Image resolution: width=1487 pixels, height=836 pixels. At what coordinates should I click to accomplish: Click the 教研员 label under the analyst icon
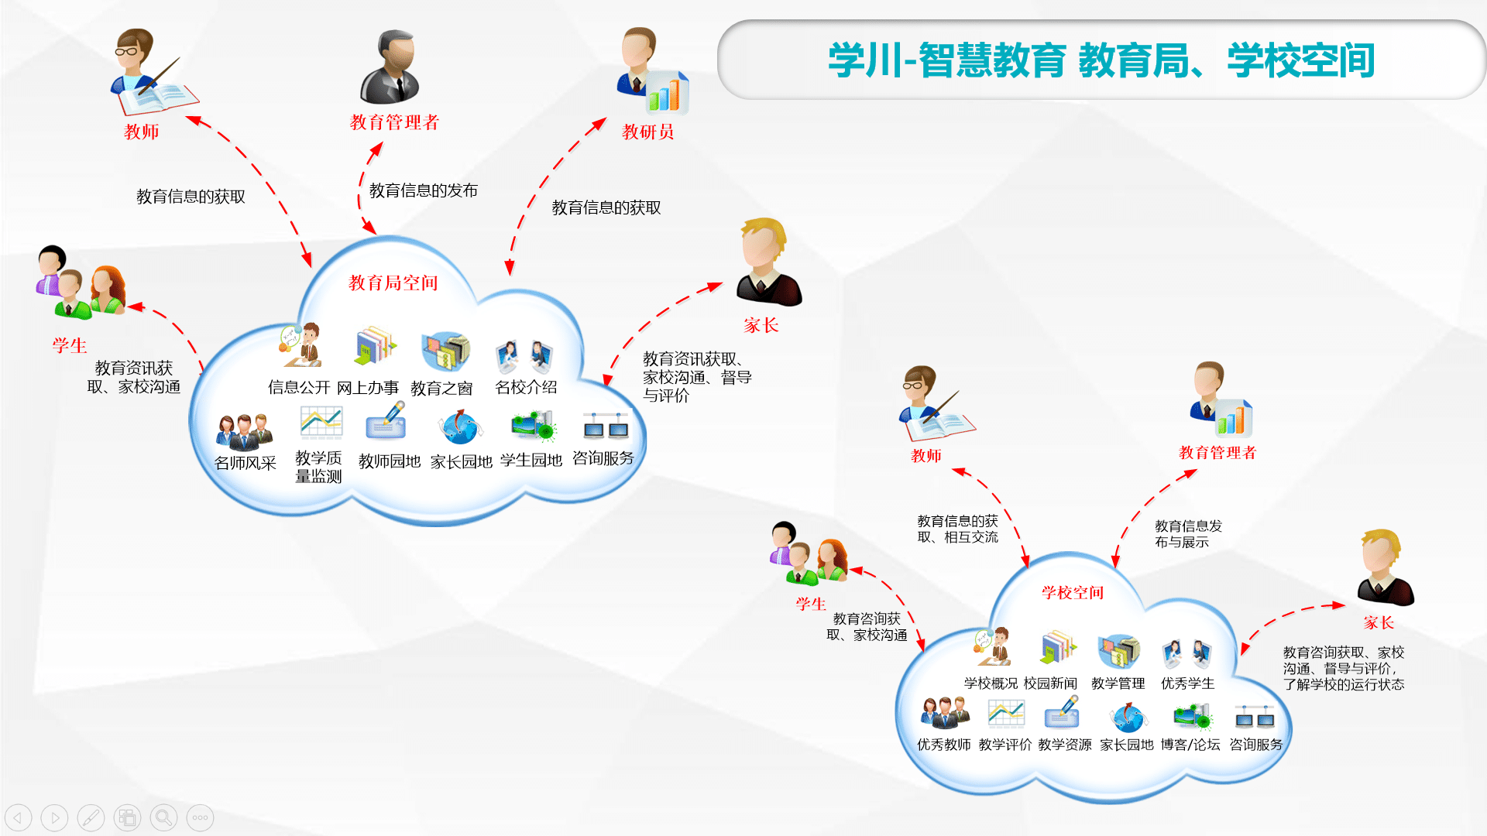pos(647,132)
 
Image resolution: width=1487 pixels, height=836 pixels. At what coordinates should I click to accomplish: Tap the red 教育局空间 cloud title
pos(393,283)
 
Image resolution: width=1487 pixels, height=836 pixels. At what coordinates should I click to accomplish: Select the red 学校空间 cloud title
pos(1072,593)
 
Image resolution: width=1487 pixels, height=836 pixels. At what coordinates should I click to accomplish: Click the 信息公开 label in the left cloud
pos(299,387)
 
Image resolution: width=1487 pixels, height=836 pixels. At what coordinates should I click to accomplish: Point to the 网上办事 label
pos(367,388)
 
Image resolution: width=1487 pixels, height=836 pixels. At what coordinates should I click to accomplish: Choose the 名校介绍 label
pos(526,387)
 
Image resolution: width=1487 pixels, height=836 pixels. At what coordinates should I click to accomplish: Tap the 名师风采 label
pos(245,463)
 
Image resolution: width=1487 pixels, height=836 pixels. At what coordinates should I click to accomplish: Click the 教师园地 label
pos(389,461)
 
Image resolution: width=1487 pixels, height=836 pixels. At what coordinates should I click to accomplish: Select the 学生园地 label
pos(531,461)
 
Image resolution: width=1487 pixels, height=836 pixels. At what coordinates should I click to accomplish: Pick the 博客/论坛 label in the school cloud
pos(1190,745)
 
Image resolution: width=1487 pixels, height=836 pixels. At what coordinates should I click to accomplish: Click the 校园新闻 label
pos(1050,684)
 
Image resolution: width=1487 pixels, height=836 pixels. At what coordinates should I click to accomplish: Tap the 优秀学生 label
pos(1187,684)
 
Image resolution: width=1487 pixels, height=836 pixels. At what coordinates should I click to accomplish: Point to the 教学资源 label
pos(1065,745)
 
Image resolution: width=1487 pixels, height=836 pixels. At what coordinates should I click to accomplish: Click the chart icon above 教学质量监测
pos(321,423)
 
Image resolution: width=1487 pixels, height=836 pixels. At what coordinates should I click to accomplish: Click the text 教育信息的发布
pos(423,190)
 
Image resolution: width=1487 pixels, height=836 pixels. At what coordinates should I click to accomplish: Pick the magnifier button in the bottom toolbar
pos(163,817)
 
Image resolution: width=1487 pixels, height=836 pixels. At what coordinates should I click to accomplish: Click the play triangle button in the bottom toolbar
pos(54,817)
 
